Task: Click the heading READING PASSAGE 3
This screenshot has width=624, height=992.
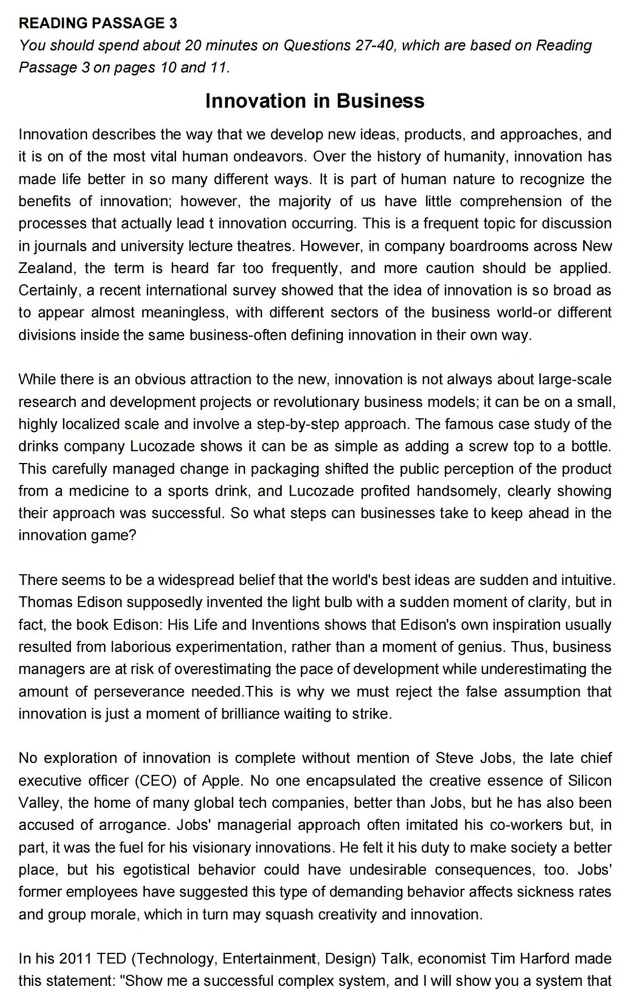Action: pyautogui.click(x=98, y=23)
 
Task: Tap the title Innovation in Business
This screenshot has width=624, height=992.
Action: pyautogui.click(x=314, y=100)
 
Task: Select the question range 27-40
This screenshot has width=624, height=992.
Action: pyautogui.click(x=375, y=46)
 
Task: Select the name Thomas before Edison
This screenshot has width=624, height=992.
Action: pyautogui.click(x=46, y=603)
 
